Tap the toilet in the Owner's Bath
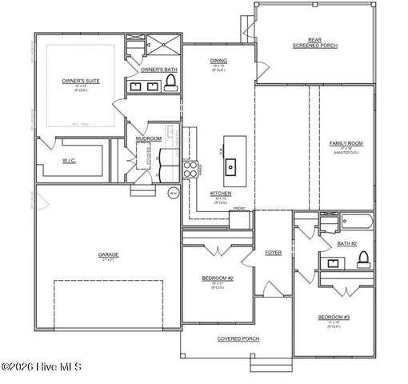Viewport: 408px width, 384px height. coord(167,86)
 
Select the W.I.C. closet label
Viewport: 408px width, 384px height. coord(69,160)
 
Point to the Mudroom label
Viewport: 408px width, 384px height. coord(149,138)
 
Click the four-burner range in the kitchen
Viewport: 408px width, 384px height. coord(191,168)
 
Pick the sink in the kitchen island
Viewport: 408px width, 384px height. coord(230,166)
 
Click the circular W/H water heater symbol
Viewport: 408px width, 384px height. coord(173,193)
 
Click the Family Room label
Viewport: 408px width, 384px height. coord(346,143)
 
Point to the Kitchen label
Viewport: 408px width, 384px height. coord(221,193)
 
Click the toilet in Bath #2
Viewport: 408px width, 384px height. coord(362,258)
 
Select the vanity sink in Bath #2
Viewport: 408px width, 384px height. coord(330,262)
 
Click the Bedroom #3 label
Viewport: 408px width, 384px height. coord(334,318)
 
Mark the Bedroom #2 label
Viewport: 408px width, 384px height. coord(217,278)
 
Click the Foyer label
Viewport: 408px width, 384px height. coord(273,252)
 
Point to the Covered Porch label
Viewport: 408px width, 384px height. coord(236,338)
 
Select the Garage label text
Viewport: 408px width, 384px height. coord(108,255)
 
